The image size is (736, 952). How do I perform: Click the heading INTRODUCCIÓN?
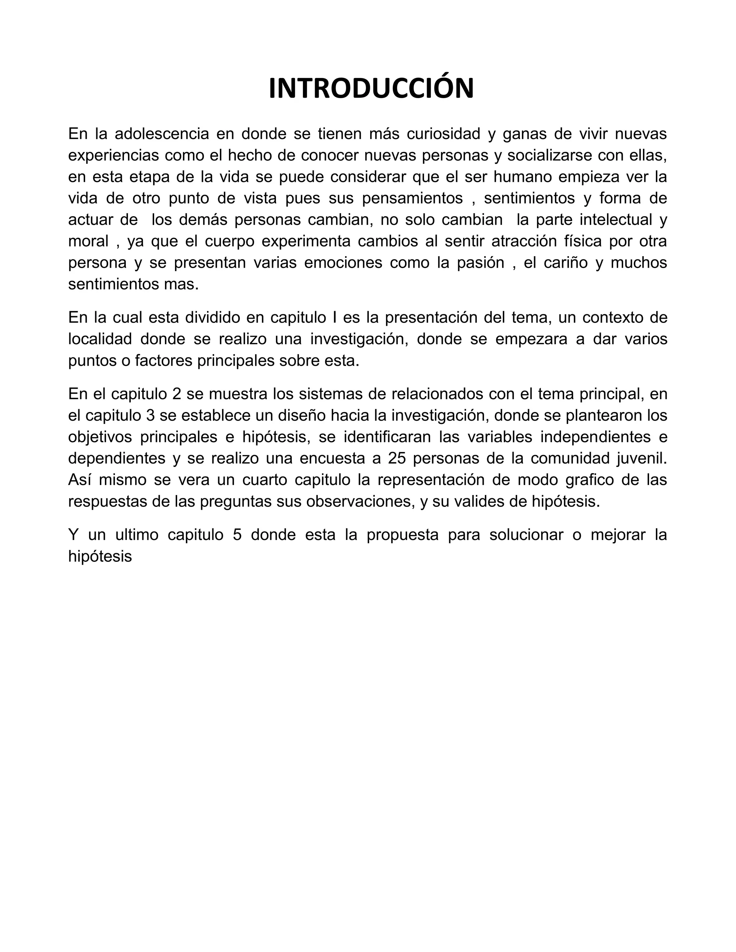coord(371,89)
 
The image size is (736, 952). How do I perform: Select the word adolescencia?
coord(162,134)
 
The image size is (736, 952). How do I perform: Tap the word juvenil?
coord(642,458)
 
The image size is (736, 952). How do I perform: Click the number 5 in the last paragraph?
coord(237,535)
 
